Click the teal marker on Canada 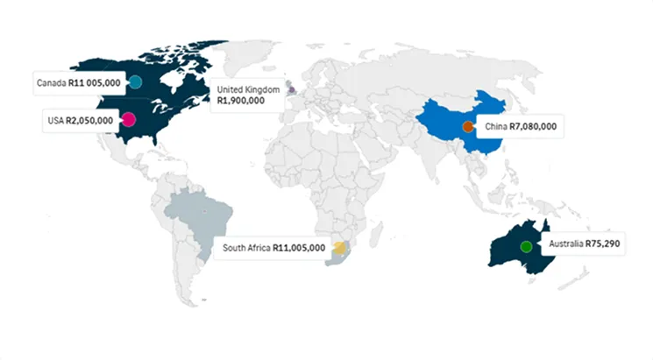[x=135, y=82]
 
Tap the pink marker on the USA [x=128, y=120]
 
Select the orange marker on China [x=468, y=127]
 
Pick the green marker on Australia [x=526, y=246]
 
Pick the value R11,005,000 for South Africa [x=299, y=248]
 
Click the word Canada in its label [x=51, y=83]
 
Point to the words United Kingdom [x=248, y=89]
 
